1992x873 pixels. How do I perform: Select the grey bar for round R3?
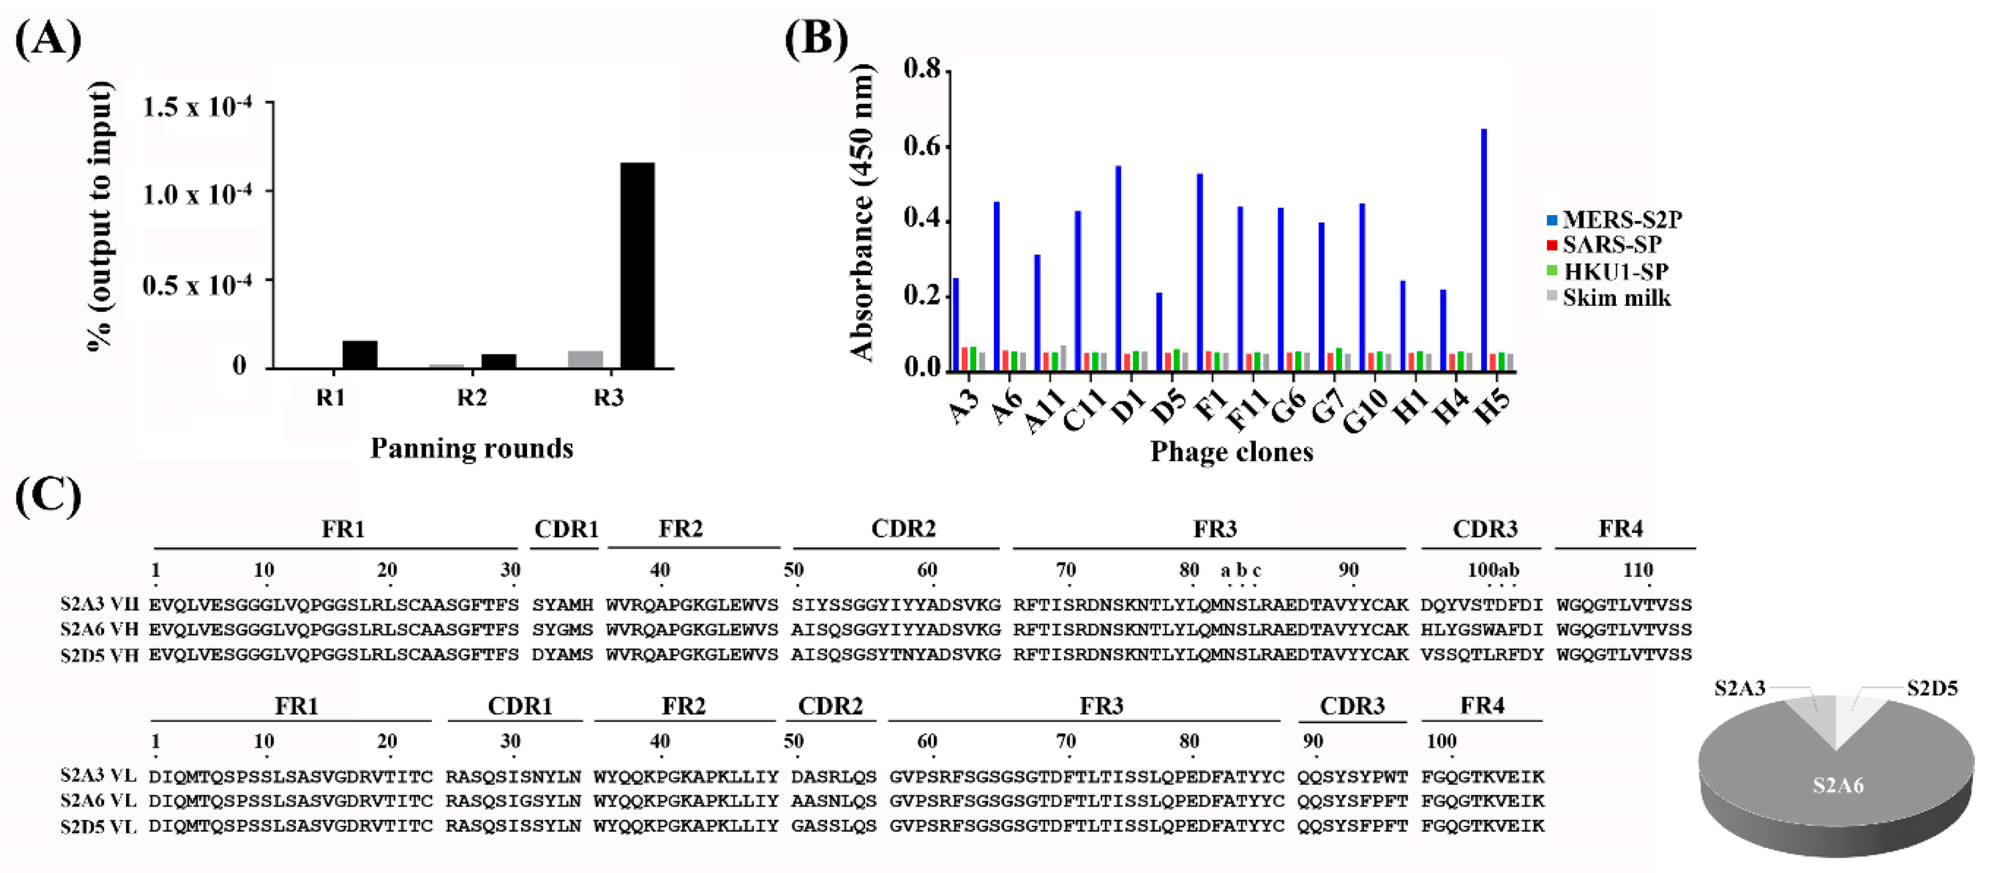pos(585,360)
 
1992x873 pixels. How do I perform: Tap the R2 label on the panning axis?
pos(472,398)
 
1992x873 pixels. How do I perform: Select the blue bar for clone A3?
pos(956,323)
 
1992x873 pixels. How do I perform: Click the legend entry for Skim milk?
pos(1616,298)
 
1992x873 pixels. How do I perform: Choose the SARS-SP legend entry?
pos(1612,245)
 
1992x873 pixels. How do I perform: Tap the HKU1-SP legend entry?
pos(1615,272)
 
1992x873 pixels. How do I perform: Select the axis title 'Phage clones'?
pos(1231,452)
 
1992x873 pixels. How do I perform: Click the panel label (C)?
pos(48,496)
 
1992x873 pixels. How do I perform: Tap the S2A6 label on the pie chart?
pos(1838,786)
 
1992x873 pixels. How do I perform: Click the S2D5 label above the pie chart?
pos(1932,688)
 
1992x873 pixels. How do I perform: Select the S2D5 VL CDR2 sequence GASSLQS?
pos(833,826)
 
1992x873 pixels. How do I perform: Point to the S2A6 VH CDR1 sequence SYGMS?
pos(562,629)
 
